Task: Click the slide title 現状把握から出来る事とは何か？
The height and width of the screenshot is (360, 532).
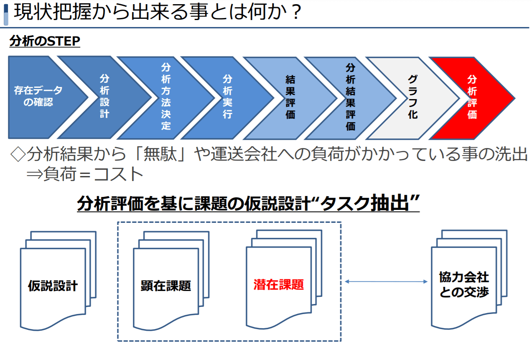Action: click(157, 13)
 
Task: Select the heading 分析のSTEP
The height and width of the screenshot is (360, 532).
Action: click(45, 42)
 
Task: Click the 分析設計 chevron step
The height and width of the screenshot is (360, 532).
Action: click(104, 97)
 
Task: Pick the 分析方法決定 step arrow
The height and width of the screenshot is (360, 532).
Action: click(166, 97)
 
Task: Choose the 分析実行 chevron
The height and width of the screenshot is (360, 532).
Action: click(227, 97)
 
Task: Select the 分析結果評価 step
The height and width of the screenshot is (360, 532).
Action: click(351, 97)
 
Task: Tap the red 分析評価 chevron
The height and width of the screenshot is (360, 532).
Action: click(472, 97)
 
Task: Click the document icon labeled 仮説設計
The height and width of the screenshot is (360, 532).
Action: click(53, 286)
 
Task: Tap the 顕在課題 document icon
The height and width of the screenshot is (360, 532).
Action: click(166, 286)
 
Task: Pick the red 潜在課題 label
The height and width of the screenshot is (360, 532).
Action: click(279, 285)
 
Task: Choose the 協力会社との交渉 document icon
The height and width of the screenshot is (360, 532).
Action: click(464, 284)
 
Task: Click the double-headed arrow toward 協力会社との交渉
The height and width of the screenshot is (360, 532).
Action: click(386, 282)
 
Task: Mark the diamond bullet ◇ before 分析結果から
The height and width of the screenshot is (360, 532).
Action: click(18, 155)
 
